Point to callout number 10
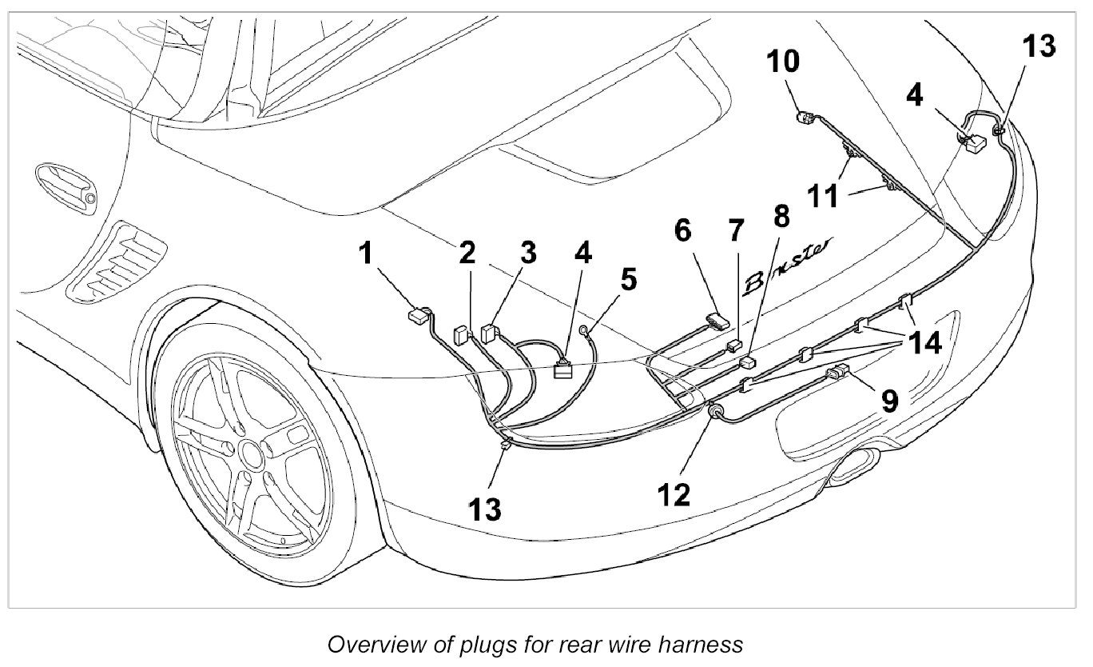(783, 61)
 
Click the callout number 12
(673, 494)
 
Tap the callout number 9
(889, 400)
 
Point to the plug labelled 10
(805, 120)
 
